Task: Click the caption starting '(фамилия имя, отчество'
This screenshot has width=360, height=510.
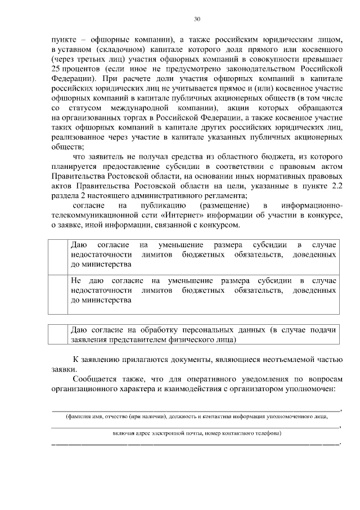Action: pos(196,417)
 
